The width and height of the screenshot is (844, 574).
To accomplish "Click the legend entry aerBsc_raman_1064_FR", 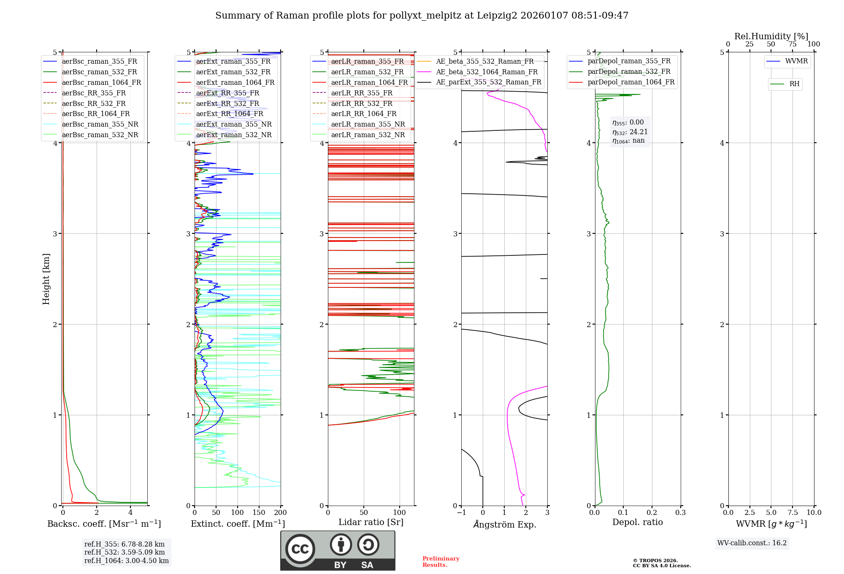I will [x=101, y=83].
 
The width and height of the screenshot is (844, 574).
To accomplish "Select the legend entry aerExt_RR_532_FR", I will [x=227, y=103].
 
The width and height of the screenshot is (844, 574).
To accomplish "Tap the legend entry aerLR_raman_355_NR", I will [x=368, y=125].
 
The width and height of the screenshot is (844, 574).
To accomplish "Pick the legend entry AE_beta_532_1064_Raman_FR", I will [x=487, y=72].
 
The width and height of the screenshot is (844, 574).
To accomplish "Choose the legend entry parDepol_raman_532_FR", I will [x=629, y=72].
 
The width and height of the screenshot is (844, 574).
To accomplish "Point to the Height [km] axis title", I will [x=46, y=279].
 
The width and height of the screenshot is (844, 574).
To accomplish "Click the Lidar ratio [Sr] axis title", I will [x=371, y=522].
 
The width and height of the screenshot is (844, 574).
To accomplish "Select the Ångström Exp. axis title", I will [x=504, y=524].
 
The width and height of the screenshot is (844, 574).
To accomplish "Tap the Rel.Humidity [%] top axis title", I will [x=771, y=36].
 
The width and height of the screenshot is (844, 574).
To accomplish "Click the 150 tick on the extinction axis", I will [x=259, y=512].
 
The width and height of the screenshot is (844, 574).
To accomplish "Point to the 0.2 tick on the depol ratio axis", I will [x=652, y=512].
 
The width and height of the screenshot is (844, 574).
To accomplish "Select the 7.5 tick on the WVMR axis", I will [x=793, y=512].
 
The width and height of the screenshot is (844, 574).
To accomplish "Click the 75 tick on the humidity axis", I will [x=793, y=44].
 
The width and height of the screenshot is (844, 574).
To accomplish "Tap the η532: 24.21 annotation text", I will [x=630, y=132].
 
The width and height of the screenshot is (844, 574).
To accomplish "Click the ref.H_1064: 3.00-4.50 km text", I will [x=126, y=560].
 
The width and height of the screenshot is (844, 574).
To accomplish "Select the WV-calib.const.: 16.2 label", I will [x=752, y=543].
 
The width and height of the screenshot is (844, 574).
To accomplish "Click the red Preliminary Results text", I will [x=441, y=562].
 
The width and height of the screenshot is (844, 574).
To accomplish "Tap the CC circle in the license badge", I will [x=300, y=549].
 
